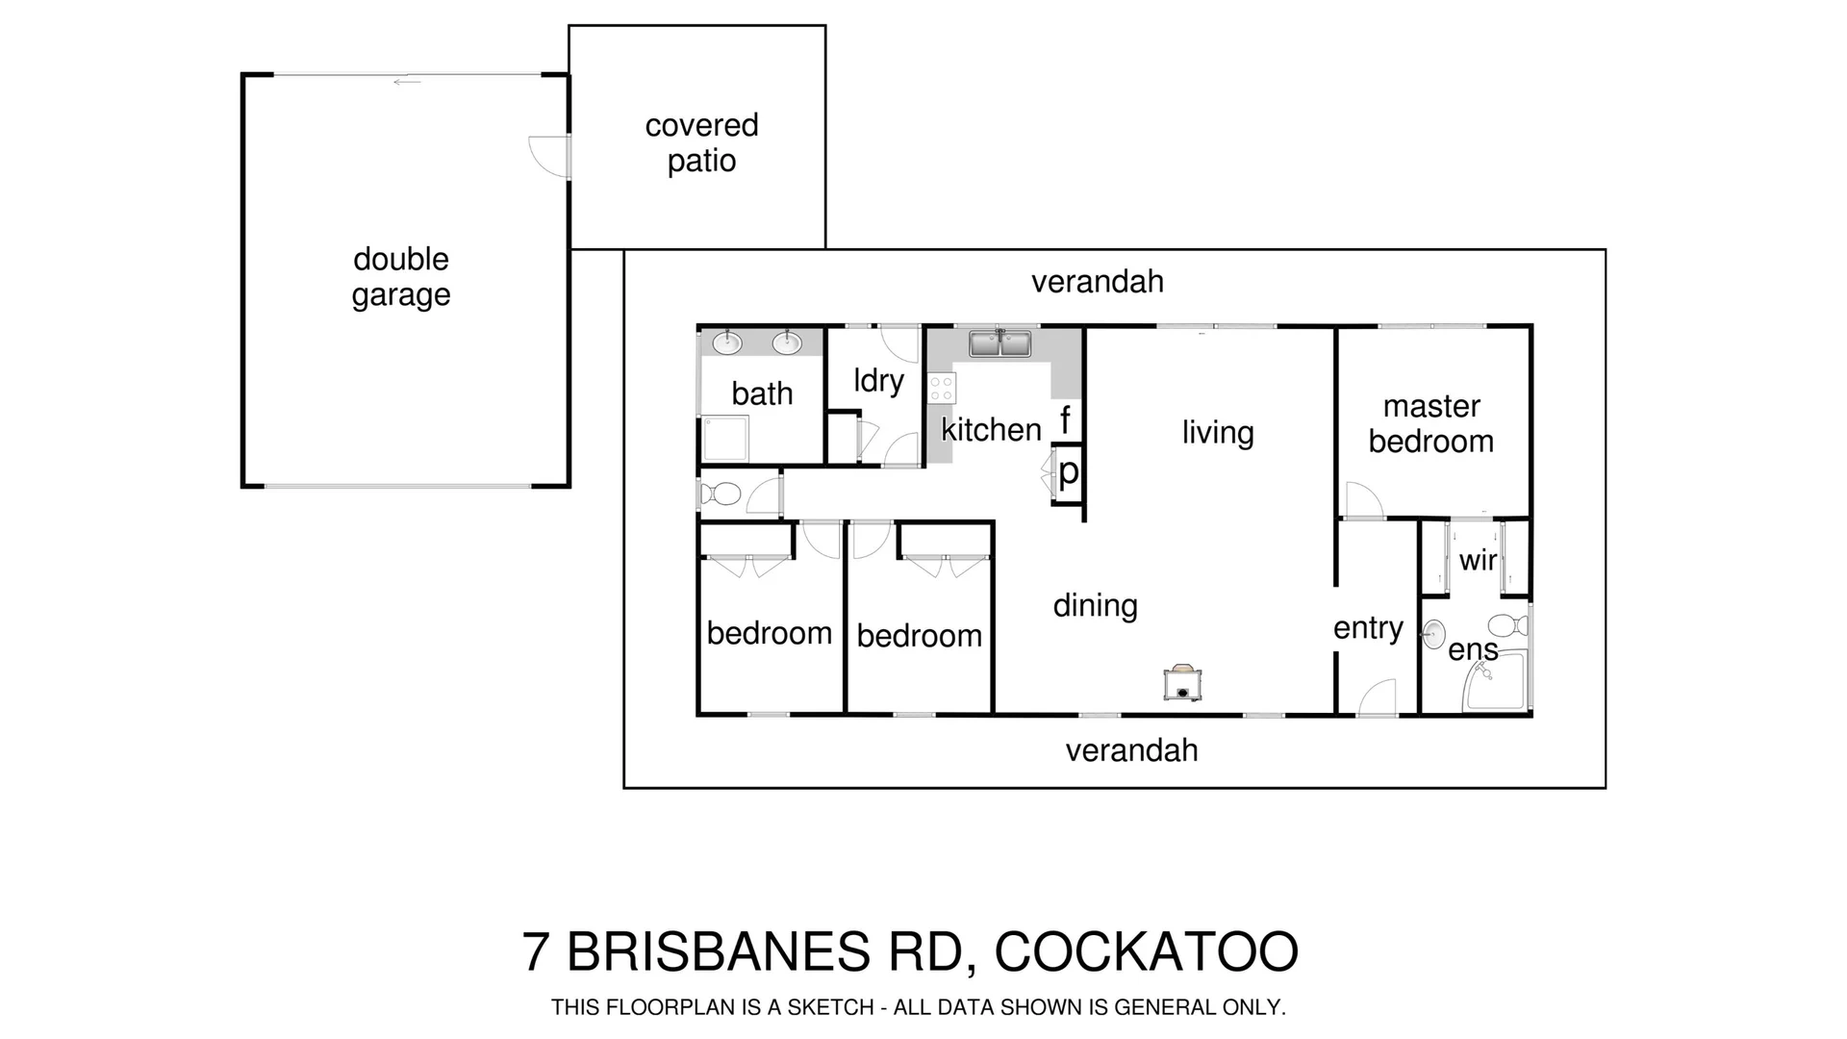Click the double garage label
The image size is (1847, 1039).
pos(401,276)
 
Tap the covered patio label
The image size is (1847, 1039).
pos(701,142)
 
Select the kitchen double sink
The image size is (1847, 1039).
pos(999,343)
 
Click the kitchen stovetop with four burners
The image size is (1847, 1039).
pos(942,389)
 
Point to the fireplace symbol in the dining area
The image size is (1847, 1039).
pos(1182,682)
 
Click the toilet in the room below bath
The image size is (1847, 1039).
pos(721,494)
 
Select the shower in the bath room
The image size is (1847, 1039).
pos(724,439)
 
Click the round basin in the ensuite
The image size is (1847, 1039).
pos(1433,634)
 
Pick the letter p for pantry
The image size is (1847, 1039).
pos(1069,472)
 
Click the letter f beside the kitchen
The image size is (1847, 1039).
pos(1065,420)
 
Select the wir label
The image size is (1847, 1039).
pos(1478,560)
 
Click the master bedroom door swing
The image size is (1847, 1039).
pos(1363,500)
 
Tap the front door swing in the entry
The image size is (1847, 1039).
pos(1378,697)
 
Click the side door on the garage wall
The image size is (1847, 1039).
pos(551,156)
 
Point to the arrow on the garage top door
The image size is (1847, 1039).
pos(407,82)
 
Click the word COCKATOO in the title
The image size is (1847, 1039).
pos(1146,951)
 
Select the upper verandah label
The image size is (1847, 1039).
pos(1097,282)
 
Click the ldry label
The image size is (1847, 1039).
pos(878,381)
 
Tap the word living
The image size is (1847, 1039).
pos(1218,433)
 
